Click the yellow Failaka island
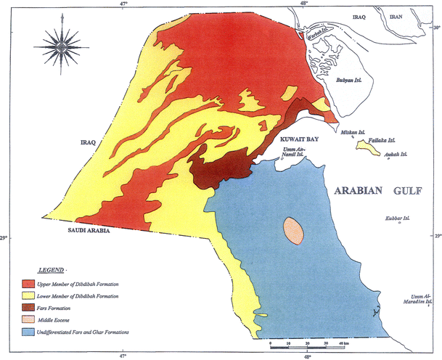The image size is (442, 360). (368, 148)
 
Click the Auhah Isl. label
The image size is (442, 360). (394, 154)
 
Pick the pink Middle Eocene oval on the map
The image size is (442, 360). (292, 231)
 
